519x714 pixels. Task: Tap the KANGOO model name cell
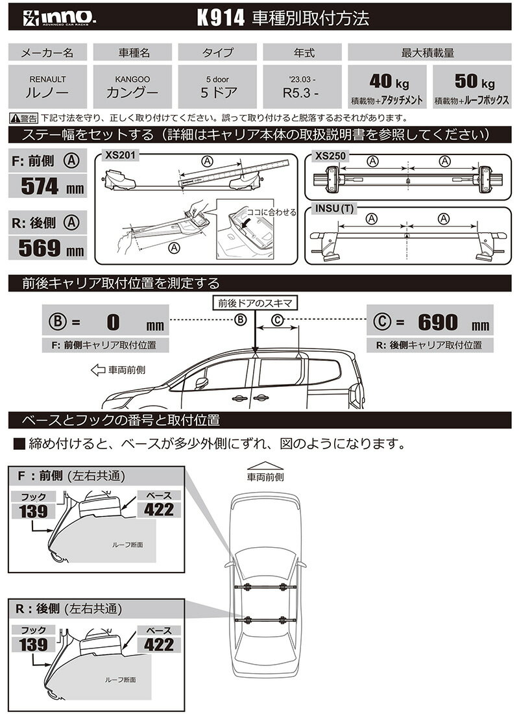click(132, 86)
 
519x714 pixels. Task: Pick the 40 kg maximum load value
click(387, 82)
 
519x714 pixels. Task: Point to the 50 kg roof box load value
click(472, 82)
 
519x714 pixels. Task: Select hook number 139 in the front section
click(33, 511)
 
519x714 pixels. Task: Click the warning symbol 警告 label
click(24, 118)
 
